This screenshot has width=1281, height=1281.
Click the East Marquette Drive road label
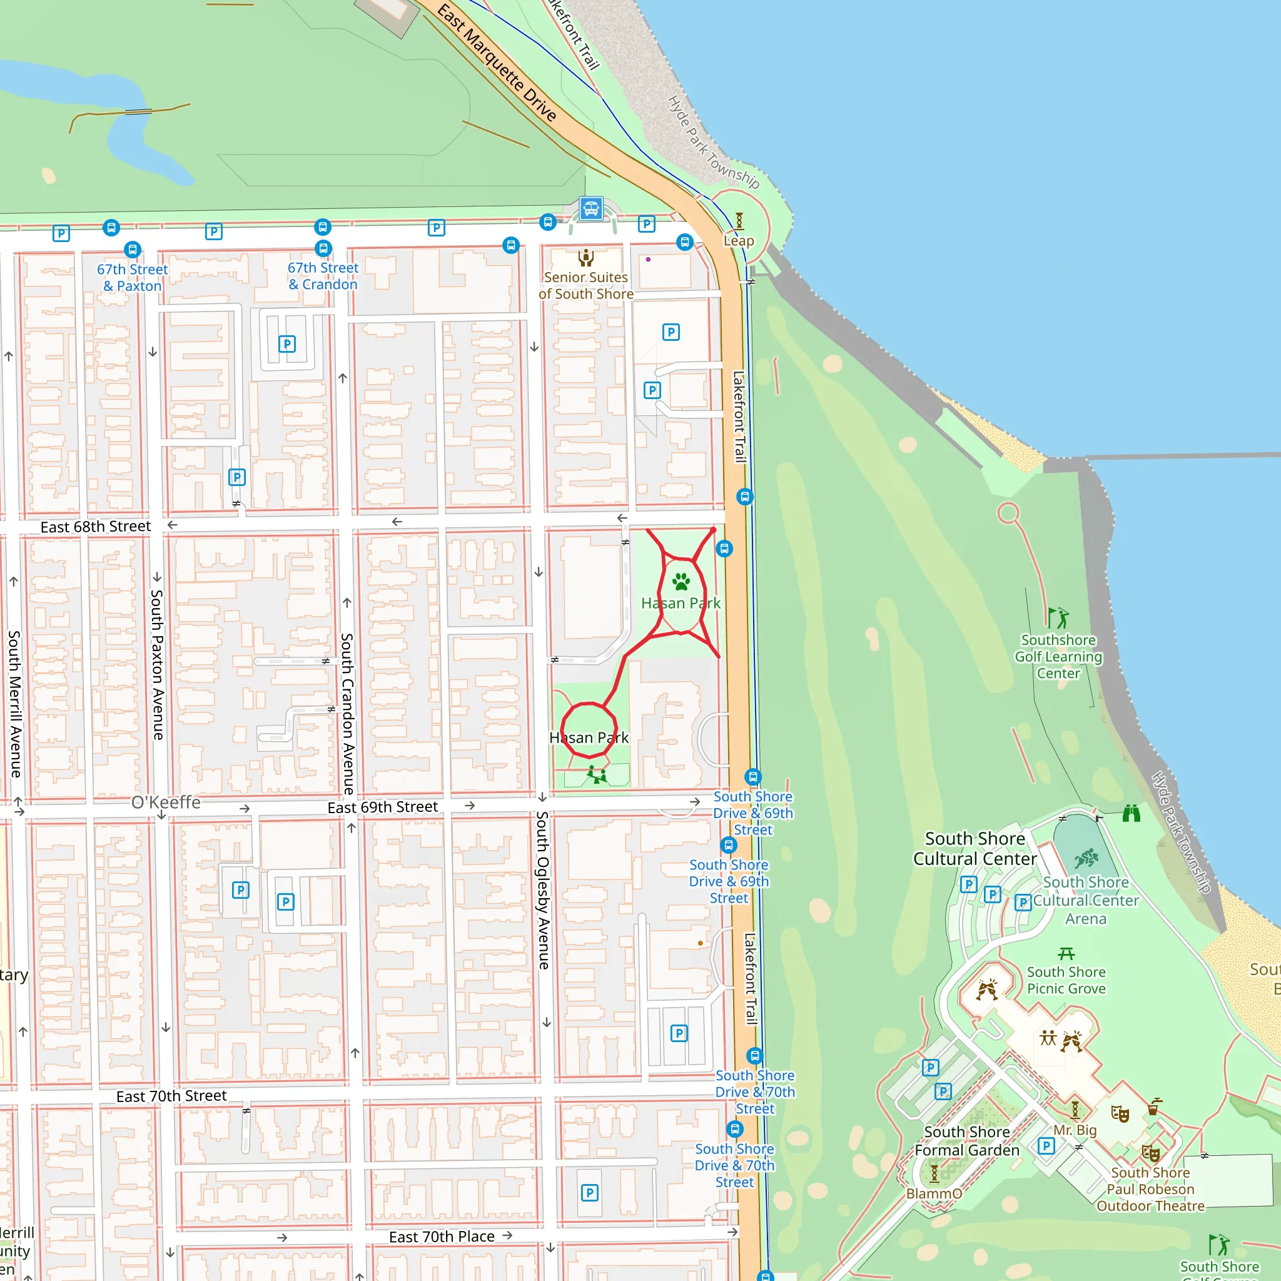497,63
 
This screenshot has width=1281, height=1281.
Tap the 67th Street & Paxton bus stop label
132,278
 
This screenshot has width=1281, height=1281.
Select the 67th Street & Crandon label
323,276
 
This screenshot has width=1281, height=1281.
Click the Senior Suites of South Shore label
585,285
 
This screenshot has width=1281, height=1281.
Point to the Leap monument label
739,241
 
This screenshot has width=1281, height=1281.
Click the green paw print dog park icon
681,582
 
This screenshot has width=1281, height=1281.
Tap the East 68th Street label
96,527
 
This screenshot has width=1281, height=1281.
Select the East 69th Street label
383,807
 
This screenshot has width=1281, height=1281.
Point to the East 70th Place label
442,1237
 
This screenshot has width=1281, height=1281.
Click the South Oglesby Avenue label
543,890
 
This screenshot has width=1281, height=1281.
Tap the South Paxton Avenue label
157,664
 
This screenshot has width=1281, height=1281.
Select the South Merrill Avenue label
14,704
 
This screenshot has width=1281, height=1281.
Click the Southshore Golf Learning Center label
1058,656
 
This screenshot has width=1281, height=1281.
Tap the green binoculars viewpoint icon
1131,814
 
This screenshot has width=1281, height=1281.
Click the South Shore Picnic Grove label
1066,980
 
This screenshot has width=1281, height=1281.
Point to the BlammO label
934,1193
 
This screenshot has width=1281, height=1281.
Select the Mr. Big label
1075,1130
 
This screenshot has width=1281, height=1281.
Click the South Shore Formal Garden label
967,1141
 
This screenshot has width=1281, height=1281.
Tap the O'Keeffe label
166,803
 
